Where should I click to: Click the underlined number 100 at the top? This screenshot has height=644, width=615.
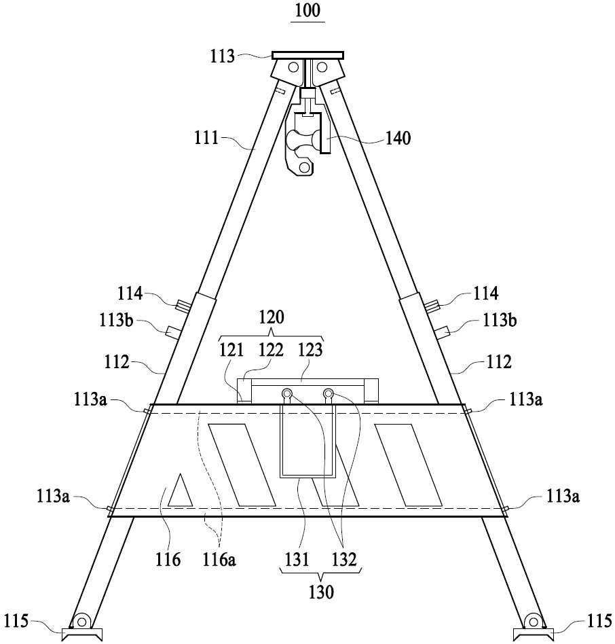click(x=307, y=11)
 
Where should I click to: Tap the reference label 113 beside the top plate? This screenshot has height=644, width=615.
click(x=222, y=56)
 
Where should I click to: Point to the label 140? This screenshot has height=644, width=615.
click(x=398, y=139)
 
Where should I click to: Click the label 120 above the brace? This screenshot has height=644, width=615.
click(x=272, y=317)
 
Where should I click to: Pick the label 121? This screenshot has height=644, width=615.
click(x=231, y=350)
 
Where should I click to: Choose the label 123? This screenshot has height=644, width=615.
click(x=310, y=350)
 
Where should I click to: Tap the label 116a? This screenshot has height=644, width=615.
click(x=219, y=559)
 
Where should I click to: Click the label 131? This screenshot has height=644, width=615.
click(x=297, y=559)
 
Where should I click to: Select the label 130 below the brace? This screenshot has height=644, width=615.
click(x=321, y=592)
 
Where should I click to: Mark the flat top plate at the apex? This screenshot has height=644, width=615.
click(x=307, y=56)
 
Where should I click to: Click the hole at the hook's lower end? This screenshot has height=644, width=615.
click(x=304, y=167)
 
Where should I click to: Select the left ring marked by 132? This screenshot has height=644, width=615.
click(x=286, y=394)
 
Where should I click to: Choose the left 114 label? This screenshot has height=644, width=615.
click(x=130, y=293)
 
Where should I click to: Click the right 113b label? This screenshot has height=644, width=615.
click(x=500, y=320)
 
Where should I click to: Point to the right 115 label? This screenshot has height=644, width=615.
click(x=599, y=621)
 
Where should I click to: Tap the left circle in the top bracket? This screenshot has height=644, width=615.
click(x=293, y=67)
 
